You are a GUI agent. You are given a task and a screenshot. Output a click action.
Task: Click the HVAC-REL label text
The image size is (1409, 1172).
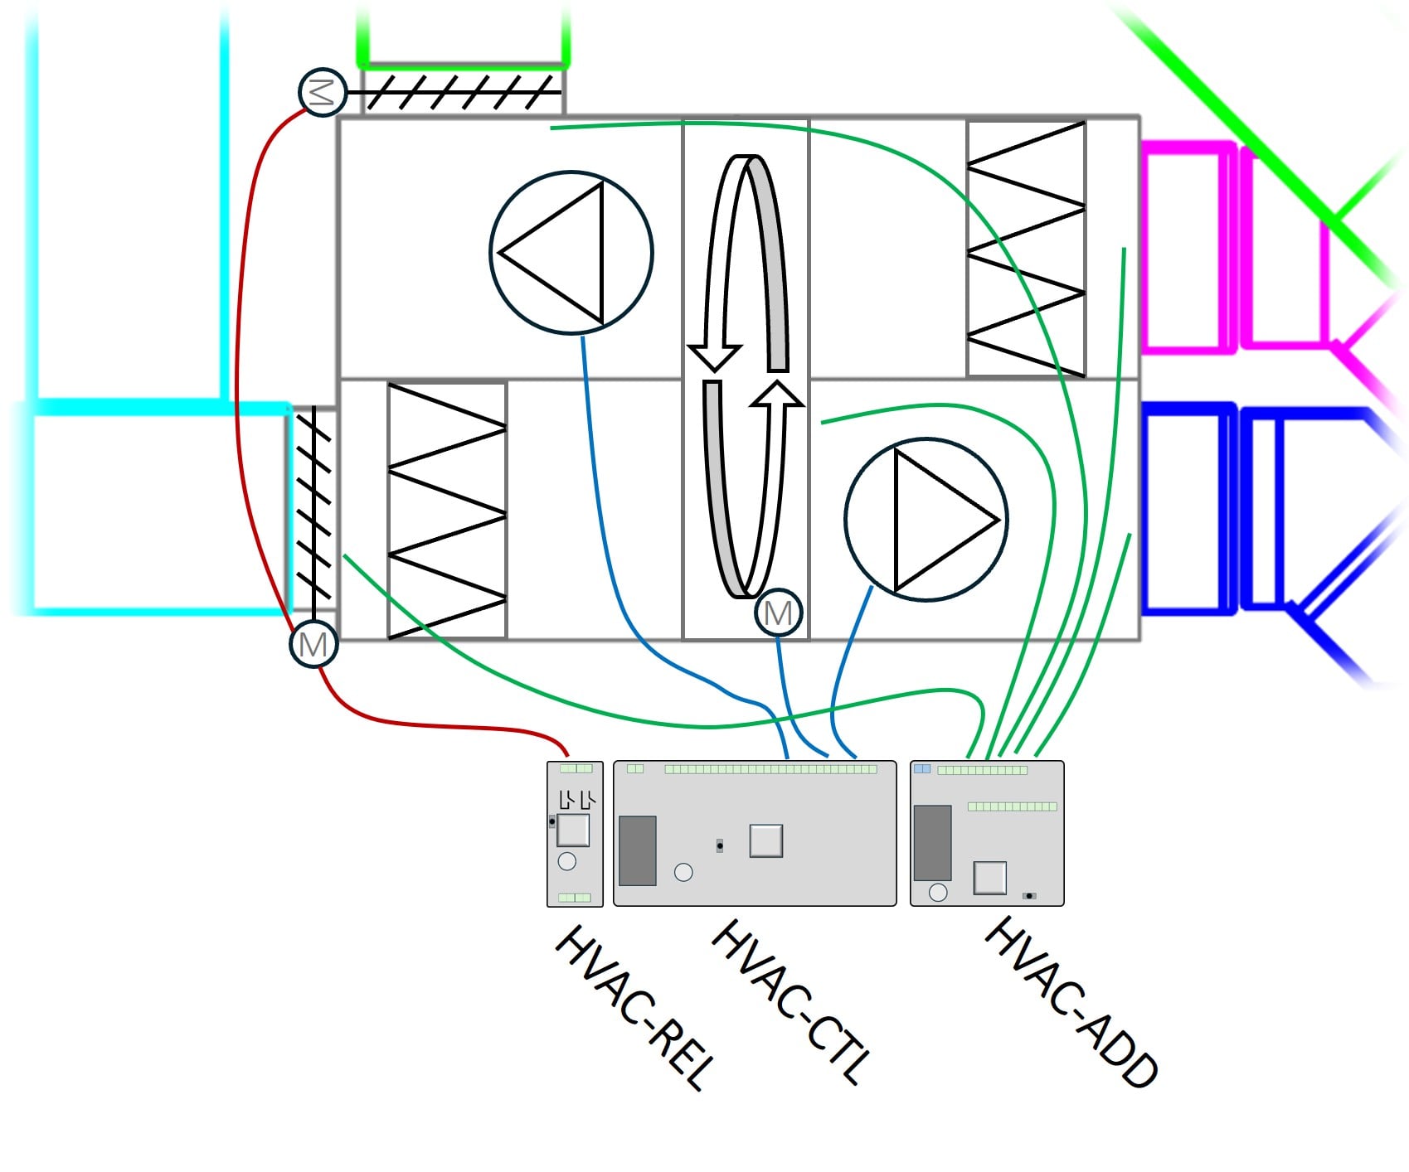tap(634, 1006)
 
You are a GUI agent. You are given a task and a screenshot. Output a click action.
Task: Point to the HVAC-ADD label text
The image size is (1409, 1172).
tap(1070, 1001)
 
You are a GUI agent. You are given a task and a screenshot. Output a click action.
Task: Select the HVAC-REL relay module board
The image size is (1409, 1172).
tap(575, 834)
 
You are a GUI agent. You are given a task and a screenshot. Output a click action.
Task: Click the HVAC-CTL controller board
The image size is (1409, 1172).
tap(755, 834)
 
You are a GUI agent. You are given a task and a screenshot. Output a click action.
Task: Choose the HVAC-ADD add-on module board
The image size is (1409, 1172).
tap(987, 834)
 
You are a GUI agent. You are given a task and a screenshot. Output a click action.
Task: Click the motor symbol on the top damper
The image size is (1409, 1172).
tap(322, 92)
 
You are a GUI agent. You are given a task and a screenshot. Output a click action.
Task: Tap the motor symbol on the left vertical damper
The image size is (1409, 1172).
tap(313, 644)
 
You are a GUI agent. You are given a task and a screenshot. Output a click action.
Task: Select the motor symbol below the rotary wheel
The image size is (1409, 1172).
tap(779, 613)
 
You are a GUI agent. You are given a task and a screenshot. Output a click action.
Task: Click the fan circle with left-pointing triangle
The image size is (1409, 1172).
tap(571, 253)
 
